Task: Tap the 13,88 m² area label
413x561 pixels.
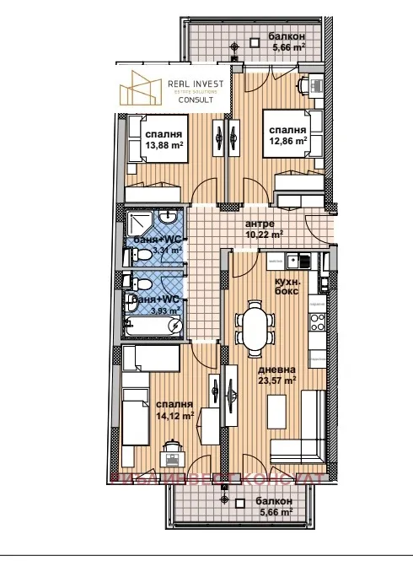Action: click(x=164, y=145)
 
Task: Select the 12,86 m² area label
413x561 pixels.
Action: click(x=287, y=142)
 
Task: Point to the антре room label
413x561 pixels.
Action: click(x=259, y=224)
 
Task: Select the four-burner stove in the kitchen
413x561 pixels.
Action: click(x=319, y=321)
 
